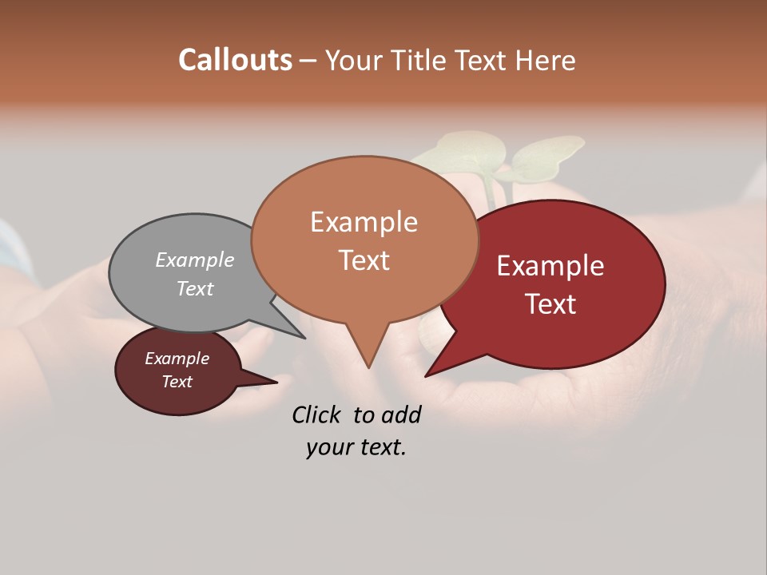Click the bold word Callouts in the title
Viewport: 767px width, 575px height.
pyautogui.click(x=235, y=60)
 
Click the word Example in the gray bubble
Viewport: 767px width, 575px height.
pyautogui.click(x=195, y=260)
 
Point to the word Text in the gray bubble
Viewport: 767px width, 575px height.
pyautogui.click(x=195, y=288)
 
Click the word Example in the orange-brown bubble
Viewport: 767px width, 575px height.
pyautogui.click(x=364, y=222)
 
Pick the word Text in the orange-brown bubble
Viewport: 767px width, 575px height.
pyautogui.click(x=364, y=260)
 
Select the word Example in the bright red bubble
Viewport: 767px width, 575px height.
pyautogui.click(x=550, y=266)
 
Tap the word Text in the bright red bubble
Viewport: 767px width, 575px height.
pyautogui.click(x=550, y=304)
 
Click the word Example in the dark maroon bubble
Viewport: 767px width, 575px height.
pyautogui.click(x=177, y=359)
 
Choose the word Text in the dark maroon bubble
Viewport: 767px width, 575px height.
pyautogui.click(x=177, y=382)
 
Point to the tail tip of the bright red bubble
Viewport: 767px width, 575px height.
pyautogui.click(x=426, y=375)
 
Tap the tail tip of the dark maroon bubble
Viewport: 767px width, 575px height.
pyautogui.click(x=276, y=382)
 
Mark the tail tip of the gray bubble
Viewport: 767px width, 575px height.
pyautogui.click(x=304, y=338)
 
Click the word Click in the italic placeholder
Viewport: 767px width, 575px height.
pyautogui.click(x=317, y=414)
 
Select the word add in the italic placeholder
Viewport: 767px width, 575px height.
pyautogui.click(x=401, y=414)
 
